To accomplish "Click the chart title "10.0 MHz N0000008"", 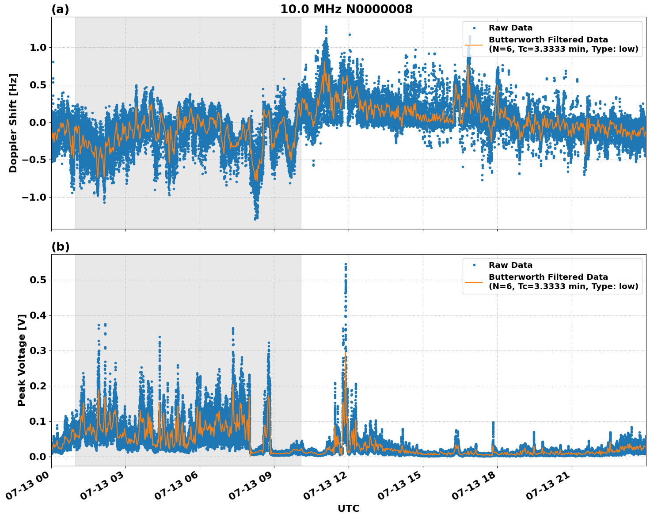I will click(x=346, y=9).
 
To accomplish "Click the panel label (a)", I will click(x=60, y=9).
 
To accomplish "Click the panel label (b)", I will click(x=60, y=247).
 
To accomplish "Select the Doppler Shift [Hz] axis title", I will click(x=13, y=123).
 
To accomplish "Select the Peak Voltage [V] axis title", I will click(x=21, y=360).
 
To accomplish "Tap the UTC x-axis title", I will click(x=348, y=508).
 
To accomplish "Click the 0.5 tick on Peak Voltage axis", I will click(x=39, y=280).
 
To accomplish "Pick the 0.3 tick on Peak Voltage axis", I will click(x=39, y=351).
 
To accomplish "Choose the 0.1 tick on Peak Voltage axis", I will click(x=39, y=421).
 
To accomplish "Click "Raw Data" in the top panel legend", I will click(x=510, y=28).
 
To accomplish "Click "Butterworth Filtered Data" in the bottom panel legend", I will click(x=548, y=277).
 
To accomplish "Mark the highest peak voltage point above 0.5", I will click(x=346, y=264).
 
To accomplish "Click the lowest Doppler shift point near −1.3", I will click(x=255, y=219).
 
